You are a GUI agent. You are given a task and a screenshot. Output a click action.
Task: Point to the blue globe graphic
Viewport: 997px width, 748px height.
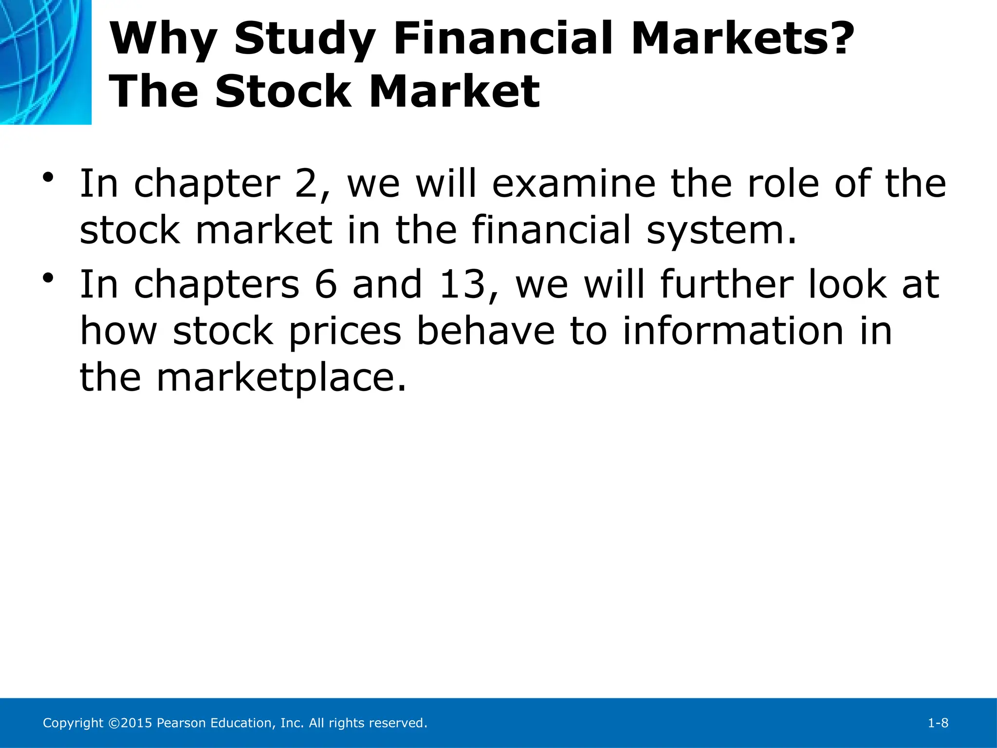pos(45,62)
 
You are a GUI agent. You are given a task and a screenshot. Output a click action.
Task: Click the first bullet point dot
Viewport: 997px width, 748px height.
pos(48,178)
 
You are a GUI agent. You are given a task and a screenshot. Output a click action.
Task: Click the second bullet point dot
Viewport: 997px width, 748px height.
pos(48,279)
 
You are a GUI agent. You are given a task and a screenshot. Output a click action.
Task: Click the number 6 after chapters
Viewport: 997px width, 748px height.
pos(326,284)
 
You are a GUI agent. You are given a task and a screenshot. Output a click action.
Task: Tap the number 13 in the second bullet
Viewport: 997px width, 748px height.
pos(462,284)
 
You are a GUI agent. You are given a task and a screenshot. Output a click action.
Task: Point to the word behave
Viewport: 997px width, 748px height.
pos(485,331)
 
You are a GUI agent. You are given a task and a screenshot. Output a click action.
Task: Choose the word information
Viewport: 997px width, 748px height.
pos(733,331)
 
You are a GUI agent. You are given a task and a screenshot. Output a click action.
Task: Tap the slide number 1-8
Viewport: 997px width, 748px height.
pos(938,723)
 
